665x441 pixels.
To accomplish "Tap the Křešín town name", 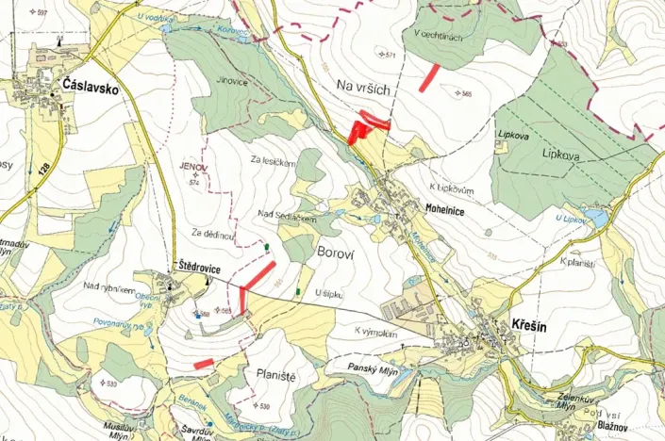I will tap(530, 321).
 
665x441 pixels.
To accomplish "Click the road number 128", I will tap(43, 167).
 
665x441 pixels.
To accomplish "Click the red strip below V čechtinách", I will tap(430, 76).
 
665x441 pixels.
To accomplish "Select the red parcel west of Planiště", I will tap(203, 363).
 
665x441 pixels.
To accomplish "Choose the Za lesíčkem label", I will tap(274, 162).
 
